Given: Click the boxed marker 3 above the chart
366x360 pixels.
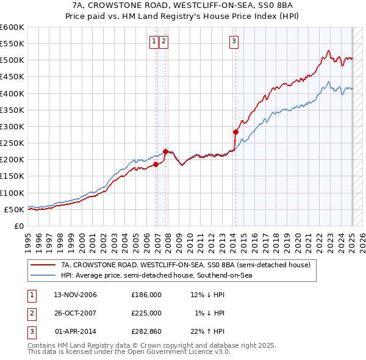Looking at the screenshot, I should pos(234,41).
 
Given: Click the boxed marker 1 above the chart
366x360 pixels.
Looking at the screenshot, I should pos(154,41).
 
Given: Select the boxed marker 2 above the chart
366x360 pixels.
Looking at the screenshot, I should pos(165,41).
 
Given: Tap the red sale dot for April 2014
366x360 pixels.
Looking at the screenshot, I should pos(235,132).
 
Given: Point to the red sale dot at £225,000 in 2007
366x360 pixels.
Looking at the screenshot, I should pos(166,151).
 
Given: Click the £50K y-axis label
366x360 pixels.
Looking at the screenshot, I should pos(15,209).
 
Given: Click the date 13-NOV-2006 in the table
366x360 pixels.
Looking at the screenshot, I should pos(75,295).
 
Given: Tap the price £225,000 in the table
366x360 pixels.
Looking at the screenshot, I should pos(146,313).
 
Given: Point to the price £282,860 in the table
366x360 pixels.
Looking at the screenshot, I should pos(146,331).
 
